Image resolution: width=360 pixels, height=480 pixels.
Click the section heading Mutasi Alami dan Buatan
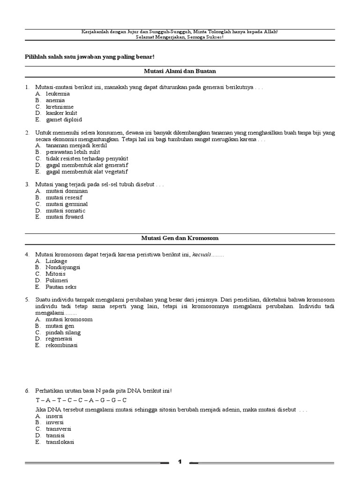pos(180,71)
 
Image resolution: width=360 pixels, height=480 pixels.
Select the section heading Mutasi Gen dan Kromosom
pos(180,238)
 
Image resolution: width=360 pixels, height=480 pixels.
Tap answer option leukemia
pos(58,94)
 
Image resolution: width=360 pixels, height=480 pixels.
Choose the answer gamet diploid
pos(64,120)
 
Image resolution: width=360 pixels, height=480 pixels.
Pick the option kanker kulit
pos(61,113)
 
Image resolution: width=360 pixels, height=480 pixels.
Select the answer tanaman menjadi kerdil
pos(76,146)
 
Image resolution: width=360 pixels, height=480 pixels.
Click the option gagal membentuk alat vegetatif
pos(87,172)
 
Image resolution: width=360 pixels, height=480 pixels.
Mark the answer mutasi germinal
pos(67,204)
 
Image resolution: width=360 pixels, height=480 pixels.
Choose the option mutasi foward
pos(65,217)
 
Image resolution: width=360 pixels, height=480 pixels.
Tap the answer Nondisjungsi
pos(63,267)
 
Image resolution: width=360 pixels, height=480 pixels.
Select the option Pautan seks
pos(61,287)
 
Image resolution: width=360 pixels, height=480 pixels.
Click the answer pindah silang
pos(63,332)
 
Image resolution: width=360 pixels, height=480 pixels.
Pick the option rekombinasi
pos(61,345)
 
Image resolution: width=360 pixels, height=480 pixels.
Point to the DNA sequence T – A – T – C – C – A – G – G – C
pos(81,400)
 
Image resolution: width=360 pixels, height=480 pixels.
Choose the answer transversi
pos(59,428)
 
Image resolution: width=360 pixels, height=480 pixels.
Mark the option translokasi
pos(60,442)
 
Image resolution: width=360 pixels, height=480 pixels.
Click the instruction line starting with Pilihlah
pos(89,57)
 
